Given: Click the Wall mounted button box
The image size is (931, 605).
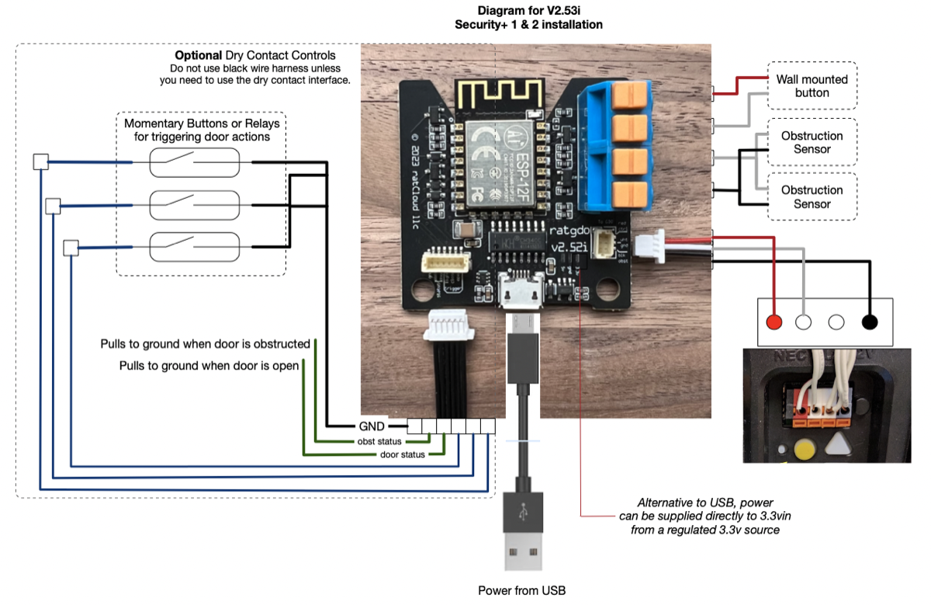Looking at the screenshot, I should tap(812, 85).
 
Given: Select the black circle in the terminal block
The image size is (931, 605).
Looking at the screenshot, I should tap(869, 322).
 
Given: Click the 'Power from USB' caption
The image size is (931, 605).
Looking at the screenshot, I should tap(521, 590).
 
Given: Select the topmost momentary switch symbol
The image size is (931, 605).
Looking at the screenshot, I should tap(194, 162).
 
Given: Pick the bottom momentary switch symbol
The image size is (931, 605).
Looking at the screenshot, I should tap(194, 246).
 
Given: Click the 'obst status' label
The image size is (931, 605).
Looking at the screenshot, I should tap(379, 441).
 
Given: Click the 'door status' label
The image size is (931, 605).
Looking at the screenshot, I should tap(402, 454).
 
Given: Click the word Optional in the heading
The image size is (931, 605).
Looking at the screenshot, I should tap(199, 56).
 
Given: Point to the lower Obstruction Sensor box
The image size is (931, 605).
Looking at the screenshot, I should tap(812, 197).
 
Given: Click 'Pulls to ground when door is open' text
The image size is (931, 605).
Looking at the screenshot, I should tap(209, 365).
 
